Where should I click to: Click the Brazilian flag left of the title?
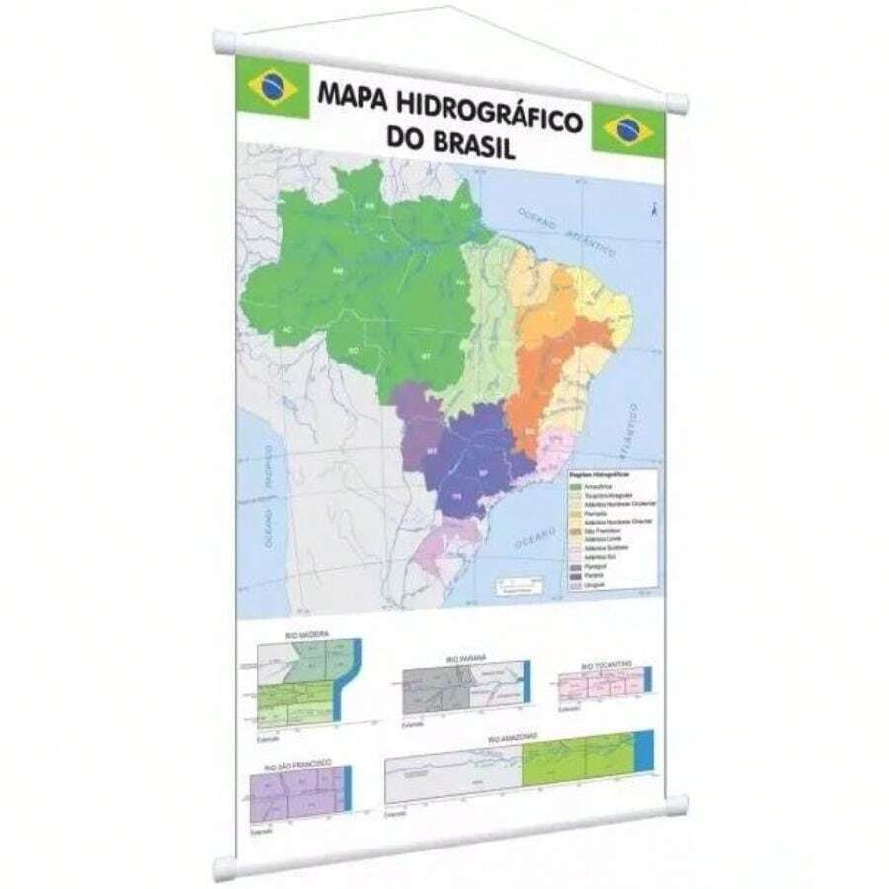(x=273, y=86)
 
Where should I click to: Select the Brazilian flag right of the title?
(x=628, y=128)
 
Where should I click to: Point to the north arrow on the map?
(x=653, y=208)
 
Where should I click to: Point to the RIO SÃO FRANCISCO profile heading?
(x=296, y=764)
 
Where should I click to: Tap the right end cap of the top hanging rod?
(x=678, y=103)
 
